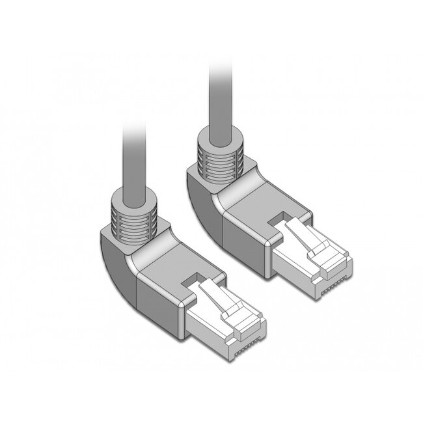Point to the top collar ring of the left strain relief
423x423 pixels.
pyautogui.click(x=133, y=198)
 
